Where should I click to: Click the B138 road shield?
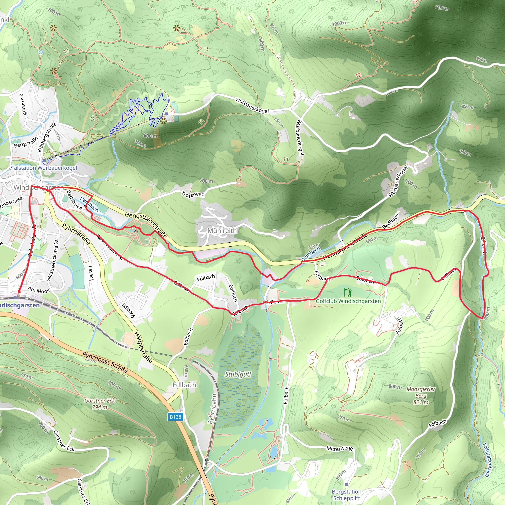pyautogui.click(x=175, y=417)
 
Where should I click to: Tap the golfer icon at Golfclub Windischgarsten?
pyautogui.click(x=348, y=292)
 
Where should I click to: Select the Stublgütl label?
pyautogui.click(x=238, y=374)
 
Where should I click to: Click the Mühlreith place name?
pyautogui.click(x=222, y=231)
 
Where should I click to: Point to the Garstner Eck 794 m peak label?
pyautogui.click(x=100, y=404)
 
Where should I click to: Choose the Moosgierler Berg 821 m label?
pyautogui.click(x=421, y=396)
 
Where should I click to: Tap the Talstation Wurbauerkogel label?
pyautogui.click(x=44, y=168)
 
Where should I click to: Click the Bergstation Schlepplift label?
pyautogui.click(x=347, y=495)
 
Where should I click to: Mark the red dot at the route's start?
pyautogui.click(x=19, y=291)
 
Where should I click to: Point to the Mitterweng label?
pyautogui.click(x=340, y=448)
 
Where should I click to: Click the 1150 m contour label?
pyautogui.click(x=442, y=8)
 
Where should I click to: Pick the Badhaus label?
pyautogui.click(x=391, y=221)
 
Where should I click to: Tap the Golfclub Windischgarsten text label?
pyautogui.click(x=348, y=301)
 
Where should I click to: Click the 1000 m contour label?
pyautogui.click(x=340, y=23)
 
